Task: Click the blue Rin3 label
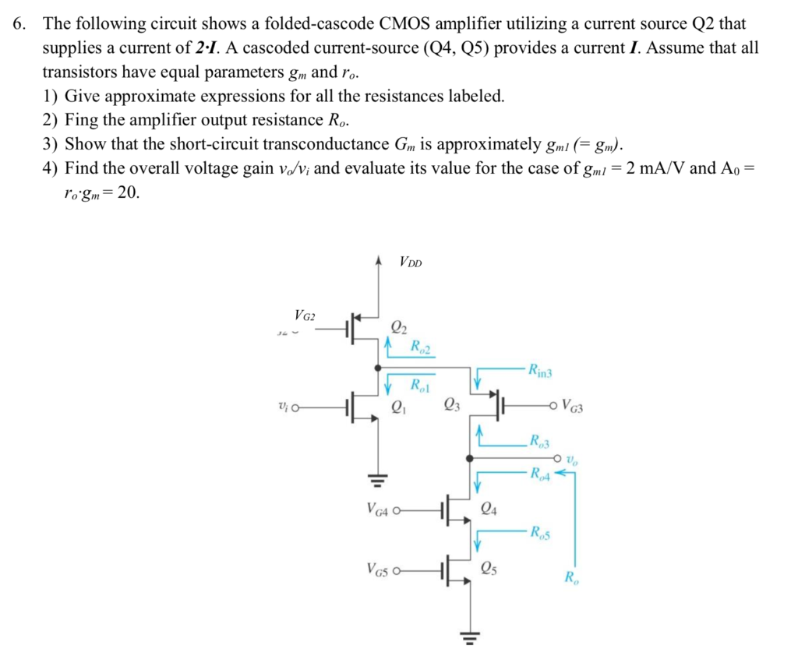pos(539,369)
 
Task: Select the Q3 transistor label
pos(450,405)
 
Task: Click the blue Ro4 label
pos(539,472)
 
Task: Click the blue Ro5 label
pos(539,533)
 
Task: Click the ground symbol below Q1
pos(378,480)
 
